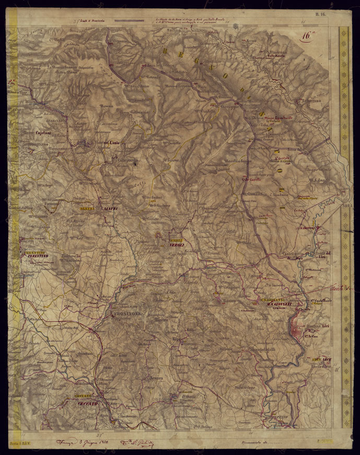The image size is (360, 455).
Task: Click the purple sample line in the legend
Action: coord(129,20)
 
